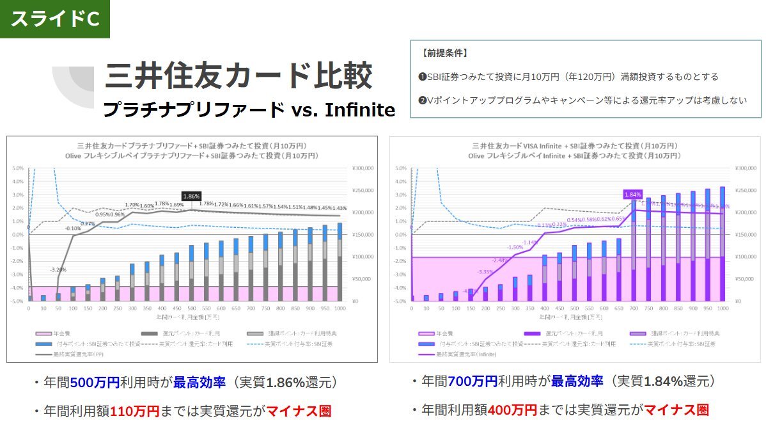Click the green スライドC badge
[x=55, y=19]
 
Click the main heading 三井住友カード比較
[x=238, y=76]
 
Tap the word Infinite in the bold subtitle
[x=360, y=110]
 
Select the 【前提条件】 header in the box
[x=445, y=53]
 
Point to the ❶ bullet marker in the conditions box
[x=422, y=77]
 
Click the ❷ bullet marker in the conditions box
[x=422, y=100]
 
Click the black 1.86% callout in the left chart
[x=192, y=196]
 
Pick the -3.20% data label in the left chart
[x=58, y=269]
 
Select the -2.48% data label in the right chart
[x=501, y=260]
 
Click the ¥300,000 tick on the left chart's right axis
[x=362, y=168]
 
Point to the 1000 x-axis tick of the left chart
[x=339, y=308]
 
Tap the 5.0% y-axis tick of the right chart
[x=400, y=168]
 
